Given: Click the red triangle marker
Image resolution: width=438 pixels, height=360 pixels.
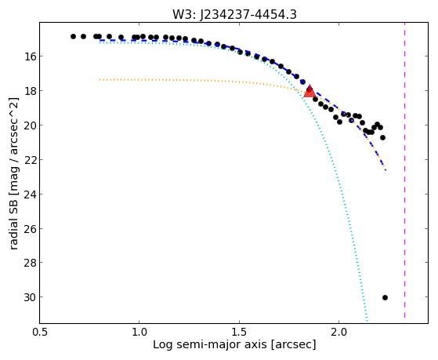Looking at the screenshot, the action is tap(309, 91).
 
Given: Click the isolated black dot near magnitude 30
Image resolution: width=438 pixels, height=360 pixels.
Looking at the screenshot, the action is tap(385, 297).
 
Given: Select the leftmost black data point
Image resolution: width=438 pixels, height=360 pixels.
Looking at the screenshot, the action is tap(73, 36).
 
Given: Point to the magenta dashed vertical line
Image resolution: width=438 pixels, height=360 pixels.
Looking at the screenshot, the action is tap(404, 170).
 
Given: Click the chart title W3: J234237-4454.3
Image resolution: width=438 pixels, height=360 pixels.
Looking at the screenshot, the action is tap(234, 14).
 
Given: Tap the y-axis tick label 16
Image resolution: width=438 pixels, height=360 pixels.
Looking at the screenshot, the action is tap(30, 56).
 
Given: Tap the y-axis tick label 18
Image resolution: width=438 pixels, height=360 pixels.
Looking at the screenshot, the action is tap(30, 91).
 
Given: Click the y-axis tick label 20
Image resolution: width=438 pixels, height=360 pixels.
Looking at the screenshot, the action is tap(30, 125).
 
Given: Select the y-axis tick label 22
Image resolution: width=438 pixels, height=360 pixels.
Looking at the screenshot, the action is tap(30, 159).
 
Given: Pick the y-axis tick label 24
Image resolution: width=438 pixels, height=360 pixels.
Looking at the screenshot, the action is tap(30, 194).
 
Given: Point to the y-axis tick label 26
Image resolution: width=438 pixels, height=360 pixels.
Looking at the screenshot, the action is tap(30, 228).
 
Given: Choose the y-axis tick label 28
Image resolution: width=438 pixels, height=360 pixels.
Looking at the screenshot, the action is tap(30, 263).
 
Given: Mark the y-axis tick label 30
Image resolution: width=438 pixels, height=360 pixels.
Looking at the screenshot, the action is tap(30, 297).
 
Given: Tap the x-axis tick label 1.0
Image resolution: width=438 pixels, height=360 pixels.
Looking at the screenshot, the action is tap(139, 332).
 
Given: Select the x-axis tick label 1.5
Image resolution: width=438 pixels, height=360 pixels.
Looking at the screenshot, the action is tap(239, 332).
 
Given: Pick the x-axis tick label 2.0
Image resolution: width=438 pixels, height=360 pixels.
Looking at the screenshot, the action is tap(338, 332).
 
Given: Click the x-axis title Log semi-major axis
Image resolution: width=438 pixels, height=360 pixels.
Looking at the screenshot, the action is tap(210, 345).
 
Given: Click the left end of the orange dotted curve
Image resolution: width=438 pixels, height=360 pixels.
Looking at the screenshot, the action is tap(100, 80).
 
